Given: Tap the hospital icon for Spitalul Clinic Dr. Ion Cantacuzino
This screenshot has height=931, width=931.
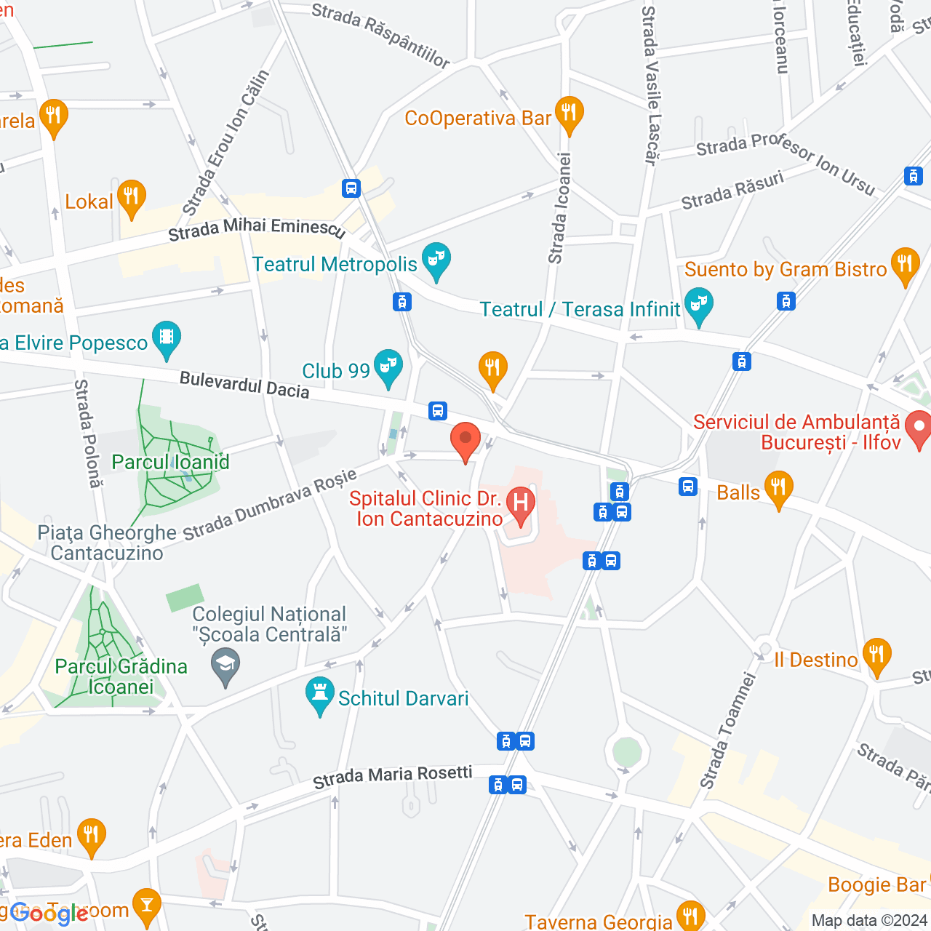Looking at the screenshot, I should pos(521,503).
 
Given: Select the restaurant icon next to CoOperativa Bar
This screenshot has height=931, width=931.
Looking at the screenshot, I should pos(569,113).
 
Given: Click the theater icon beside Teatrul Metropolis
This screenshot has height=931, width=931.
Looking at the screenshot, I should pos(436,260).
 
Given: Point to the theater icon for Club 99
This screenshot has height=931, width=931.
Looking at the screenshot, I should pos(388,367).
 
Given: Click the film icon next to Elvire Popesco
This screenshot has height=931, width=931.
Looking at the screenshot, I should pos(167,338).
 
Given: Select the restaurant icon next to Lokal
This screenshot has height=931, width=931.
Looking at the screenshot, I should pos(132,197).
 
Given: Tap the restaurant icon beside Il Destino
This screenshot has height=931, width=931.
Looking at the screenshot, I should pos(876,655).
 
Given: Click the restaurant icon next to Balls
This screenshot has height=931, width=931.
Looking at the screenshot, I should pos(778,489).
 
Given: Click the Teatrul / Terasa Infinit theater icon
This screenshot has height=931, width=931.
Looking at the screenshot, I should pos(699,305).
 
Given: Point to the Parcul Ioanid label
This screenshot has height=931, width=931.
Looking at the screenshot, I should pos(170,462).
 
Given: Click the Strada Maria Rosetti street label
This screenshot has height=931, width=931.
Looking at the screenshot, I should pos(393,777).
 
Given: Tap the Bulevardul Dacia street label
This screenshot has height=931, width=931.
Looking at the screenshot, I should pos(244,385).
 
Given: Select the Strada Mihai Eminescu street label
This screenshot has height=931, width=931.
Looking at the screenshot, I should pos(256,228).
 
